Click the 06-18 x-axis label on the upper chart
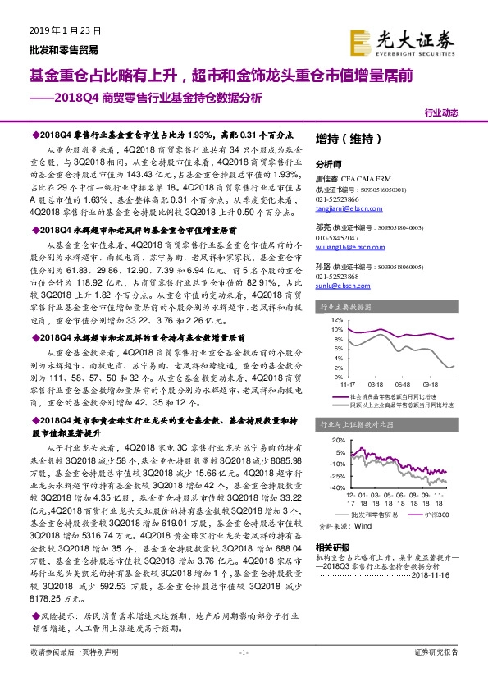click(402, 382)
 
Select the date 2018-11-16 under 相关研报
click(448, 575)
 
